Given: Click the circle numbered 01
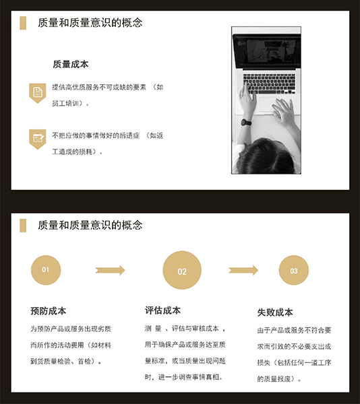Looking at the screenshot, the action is coord(46,270).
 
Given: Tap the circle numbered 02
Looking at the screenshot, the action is coord(182,270).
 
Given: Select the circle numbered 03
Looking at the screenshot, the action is coord(294,270).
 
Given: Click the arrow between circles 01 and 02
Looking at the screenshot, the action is coord(110,270).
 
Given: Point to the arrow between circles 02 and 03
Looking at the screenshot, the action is coord(243,270).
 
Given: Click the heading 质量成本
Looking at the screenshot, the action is coord(71,64).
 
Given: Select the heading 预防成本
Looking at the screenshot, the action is coord(49,311).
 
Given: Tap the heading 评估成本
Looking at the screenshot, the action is coord(162,310).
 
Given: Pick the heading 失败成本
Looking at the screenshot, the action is coord(275,312).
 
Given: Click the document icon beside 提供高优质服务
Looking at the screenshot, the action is coord(38,93).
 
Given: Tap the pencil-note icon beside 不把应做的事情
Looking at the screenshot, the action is coord(38,139).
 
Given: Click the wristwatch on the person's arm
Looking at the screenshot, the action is coord(246,123).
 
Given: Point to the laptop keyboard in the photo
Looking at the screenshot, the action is coord(269,83).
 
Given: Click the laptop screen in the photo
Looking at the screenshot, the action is coord(267,51).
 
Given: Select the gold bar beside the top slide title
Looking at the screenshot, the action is coord(23,23).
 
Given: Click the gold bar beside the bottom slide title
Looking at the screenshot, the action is coord(23,226).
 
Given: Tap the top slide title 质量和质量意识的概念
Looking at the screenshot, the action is coord(90,23).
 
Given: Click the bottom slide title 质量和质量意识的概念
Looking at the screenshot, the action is coord(90,225).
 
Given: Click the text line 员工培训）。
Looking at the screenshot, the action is coord(70,104).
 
